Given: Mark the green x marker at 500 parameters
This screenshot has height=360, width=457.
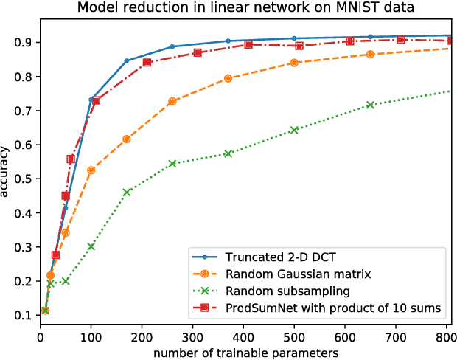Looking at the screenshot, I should pos(294,130).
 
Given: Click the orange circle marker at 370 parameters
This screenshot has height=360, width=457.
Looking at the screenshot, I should pos(228,78).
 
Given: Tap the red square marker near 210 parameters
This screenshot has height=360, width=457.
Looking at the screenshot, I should pos(147,62).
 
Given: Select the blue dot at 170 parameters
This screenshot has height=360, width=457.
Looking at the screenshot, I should pos(127,60).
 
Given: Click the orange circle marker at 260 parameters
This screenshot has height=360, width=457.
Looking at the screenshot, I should pos(172,101).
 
